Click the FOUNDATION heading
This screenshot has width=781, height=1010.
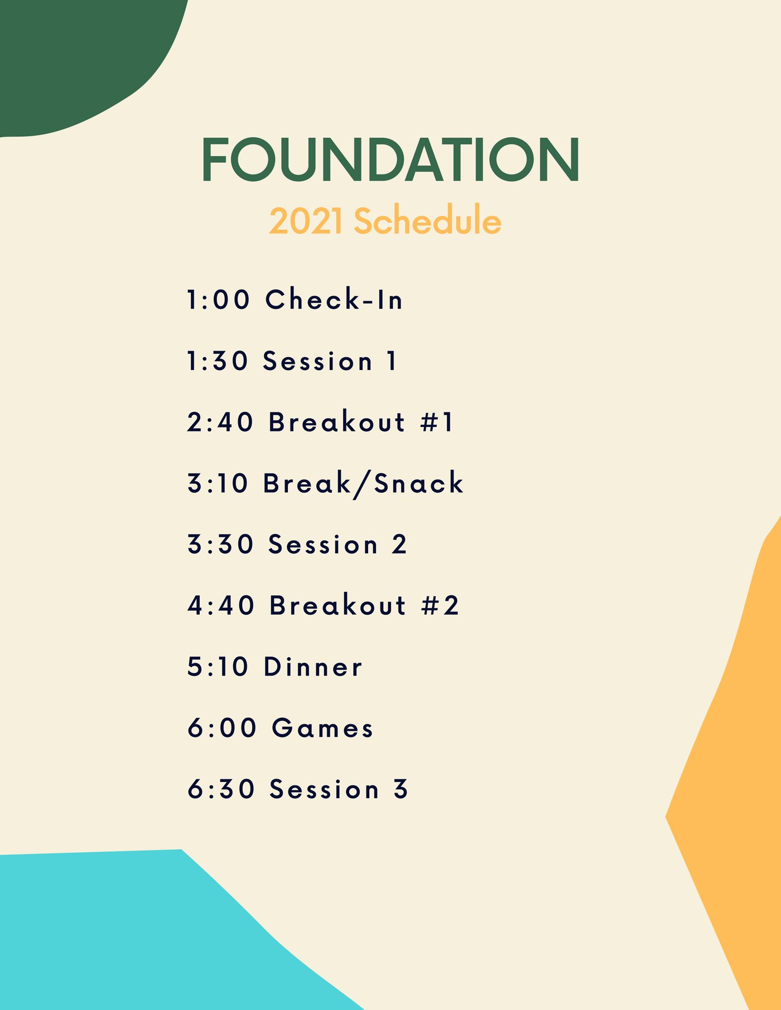[390, 159]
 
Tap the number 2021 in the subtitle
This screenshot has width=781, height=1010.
[306, 221]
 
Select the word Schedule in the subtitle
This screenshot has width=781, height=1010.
[427, 220]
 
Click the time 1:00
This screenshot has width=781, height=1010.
[218, 299]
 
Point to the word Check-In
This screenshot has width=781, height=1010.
[334, 299]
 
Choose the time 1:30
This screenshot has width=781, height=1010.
[217, 361]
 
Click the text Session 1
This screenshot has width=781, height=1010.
[330, 361]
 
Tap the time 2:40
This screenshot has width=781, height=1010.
[220, 422]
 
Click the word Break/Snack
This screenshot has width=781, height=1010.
[363, 483]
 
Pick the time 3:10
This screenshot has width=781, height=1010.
[218, 483]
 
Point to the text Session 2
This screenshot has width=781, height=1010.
[338, 545]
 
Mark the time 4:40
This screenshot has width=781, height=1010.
[221, 605]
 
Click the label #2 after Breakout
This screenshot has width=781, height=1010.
[440, 605]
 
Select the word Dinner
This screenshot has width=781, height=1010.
[313, 667]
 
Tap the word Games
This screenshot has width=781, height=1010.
[322, 728]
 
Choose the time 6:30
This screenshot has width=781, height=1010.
[221, 789]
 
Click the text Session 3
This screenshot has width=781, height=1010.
[339, 789]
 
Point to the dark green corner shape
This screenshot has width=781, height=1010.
[73, 56]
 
